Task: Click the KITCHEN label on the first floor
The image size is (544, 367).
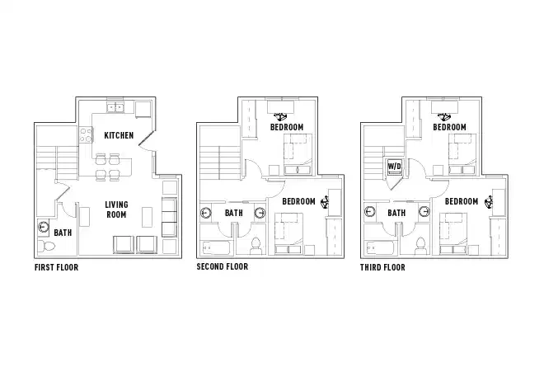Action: click(x=119, y=135)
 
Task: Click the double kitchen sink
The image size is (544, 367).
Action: click(x=115, y=107)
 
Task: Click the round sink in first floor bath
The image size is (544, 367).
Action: click(x=43, y=228)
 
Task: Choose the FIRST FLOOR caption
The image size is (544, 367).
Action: click(x=57, y=268)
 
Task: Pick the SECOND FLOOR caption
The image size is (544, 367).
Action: click(x=222, y=267)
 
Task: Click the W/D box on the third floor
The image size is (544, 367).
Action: click(x=394, y=167)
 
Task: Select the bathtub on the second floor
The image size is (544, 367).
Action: click(x=217, y=247)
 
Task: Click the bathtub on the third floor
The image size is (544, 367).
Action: click(x=380, y=247)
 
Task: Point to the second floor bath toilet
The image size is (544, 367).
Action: click(x=255, y=245)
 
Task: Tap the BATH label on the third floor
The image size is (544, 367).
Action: click(x=396, y=213)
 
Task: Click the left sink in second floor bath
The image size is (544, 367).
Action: click(x=206, y=213)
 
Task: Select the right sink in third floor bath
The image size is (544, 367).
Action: click(x=422, y=213)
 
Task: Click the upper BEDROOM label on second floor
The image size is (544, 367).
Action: click(x=287, y=128)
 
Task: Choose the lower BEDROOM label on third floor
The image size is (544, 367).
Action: click(x=462, y=201)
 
